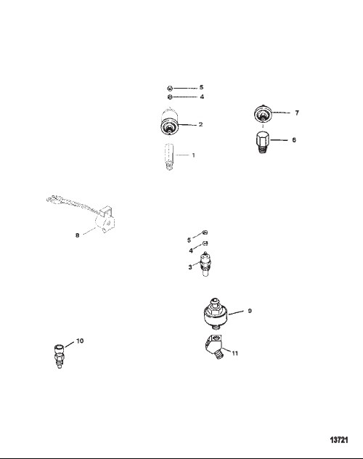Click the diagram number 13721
pyautogui.click(x=339, y=439)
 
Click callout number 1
pyautogui.click(x=193, y=155)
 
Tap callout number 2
pyautogui.click(x=200, y=124)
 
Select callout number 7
pyautogui.click(x=297, y=113)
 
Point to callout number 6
pyautogui.click(x=294, y=140)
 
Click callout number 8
pyautogui.click(x=77, y=235)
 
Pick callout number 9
pyautogui.click(x=250, y=311)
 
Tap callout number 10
pyautogui.click(x=80, y=341)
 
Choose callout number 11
pyautogui.click(x=235, y=353)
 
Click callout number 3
pyautogui.click(x=190, y=267)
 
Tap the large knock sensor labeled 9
pyautogui.click(x=216, y=314)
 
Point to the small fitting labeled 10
pyautogui.click(x=60, y=356)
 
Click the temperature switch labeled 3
pyautogui.click(x=205, y=264)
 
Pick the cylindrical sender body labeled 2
pyautogui.click(x=170, y=121)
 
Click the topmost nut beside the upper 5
pyautogui.click(x=170, y=88)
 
